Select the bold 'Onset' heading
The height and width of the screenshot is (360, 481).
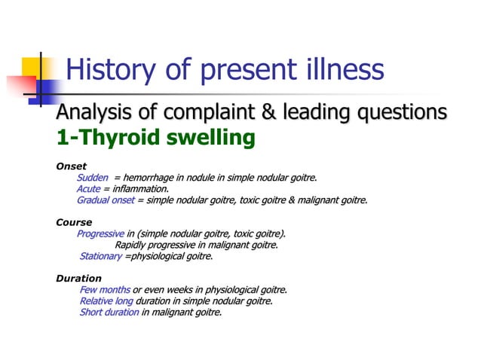tap(72, 166)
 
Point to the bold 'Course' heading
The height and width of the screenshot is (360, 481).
tap(74, 222)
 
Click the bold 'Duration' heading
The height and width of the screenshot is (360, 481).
tap(78, 279)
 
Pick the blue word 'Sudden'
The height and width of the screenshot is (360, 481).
tap(93, 178)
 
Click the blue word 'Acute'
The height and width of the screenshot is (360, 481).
tap(88, 189)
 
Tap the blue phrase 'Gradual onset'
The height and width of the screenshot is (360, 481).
tap(106, 200)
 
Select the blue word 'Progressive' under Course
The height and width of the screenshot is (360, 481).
tap(100, 233)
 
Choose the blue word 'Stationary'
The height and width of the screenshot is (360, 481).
tap(100, 256)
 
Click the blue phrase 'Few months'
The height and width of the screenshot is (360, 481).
tap(105, 290)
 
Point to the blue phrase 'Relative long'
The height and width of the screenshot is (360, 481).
tap(106, 301)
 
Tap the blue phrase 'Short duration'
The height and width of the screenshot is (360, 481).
tap(109, 313)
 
